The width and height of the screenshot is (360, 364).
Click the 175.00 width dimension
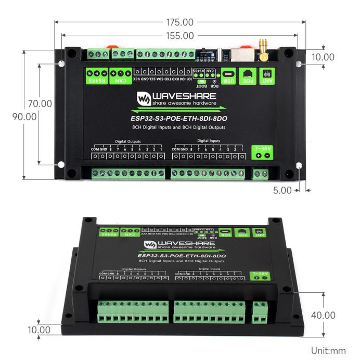coord(179,22)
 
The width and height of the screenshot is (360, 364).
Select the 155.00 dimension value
coord(179,36)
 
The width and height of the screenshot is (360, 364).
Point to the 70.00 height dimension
coord(40,104)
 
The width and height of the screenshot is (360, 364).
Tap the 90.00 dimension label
coord(24,117)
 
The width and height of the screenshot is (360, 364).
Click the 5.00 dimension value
coord(282,190)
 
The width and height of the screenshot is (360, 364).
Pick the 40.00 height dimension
coord(323,315)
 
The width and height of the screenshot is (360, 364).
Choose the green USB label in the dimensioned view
coord(228,76)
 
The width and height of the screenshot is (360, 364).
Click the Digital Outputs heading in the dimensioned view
coord(127,141)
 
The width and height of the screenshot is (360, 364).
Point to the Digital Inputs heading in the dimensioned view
coord(209,140)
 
